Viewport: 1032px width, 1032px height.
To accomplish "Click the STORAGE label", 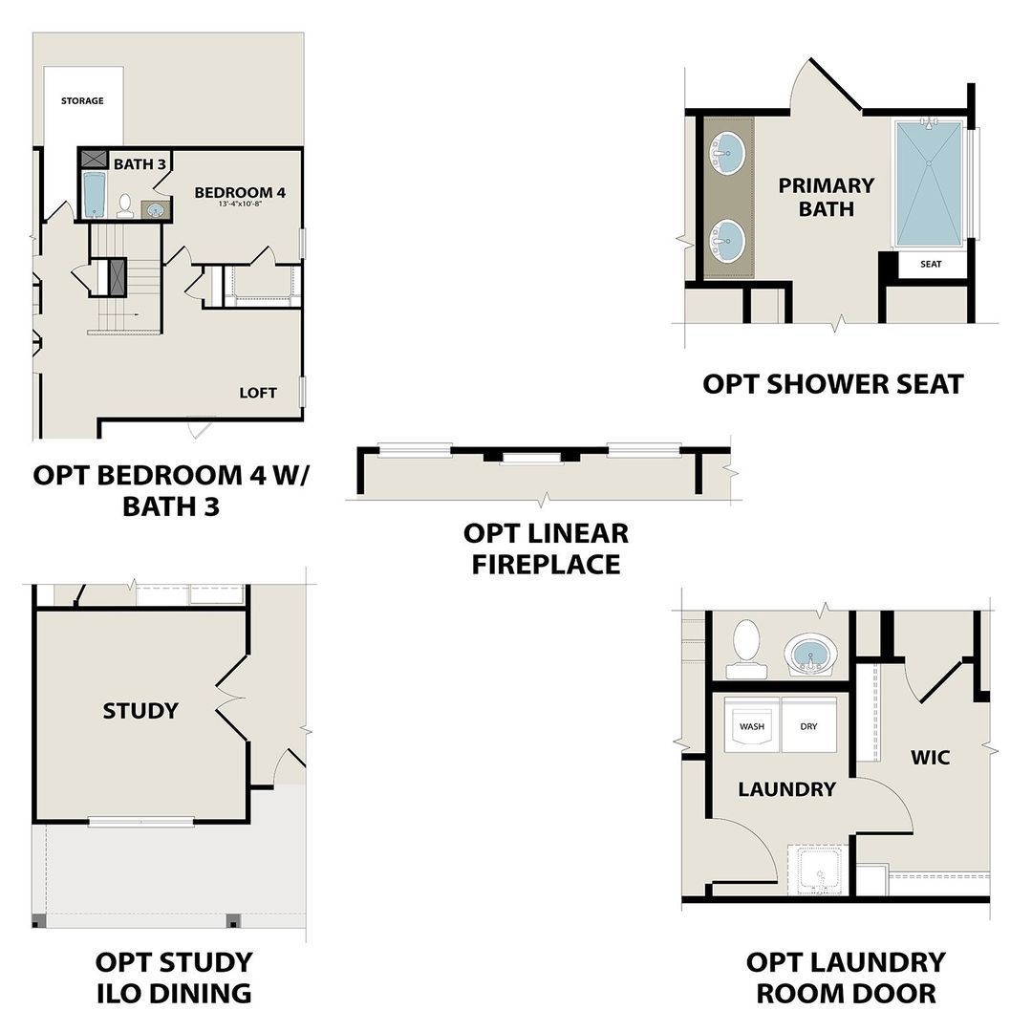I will (x=82, y=100).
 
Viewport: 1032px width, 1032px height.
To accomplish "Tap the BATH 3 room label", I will (x=140, y=164).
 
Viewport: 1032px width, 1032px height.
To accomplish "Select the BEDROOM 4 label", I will (x=240, y=192).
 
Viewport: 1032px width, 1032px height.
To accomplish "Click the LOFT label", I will (x=258, y=393).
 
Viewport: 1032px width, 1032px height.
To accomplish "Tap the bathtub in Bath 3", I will (x=93, y=195).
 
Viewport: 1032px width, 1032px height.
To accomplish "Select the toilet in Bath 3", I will (x=125, y=205).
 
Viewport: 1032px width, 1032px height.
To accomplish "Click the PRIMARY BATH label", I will (x=826, y=196).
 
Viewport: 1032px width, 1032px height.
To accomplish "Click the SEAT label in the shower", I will (x=931, y=264).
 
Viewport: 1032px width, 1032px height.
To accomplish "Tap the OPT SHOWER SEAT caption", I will (x=833, y=384).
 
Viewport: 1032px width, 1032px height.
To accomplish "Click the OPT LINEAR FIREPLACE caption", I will (x=546, y=548).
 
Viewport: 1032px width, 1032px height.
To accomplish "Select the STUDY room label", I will (x=140, y=710).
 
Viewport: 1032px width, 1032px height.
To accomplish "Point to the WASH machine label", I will (x=752, y=726).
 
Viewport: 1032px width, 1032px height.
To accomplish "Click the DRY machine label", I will (x=808, y=726).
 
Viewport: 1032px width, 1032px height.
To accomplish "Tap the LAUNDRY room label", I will (x=786, y=789).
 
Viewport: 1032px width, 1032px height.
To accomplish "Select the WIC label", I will (x=930, y=758).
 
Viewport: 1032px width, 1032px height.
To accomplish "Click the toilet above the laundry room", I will (x=745, y=647).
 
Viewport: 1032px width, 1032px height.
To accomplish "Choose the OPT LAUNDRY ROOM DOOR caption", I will (x=846, y=977).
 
